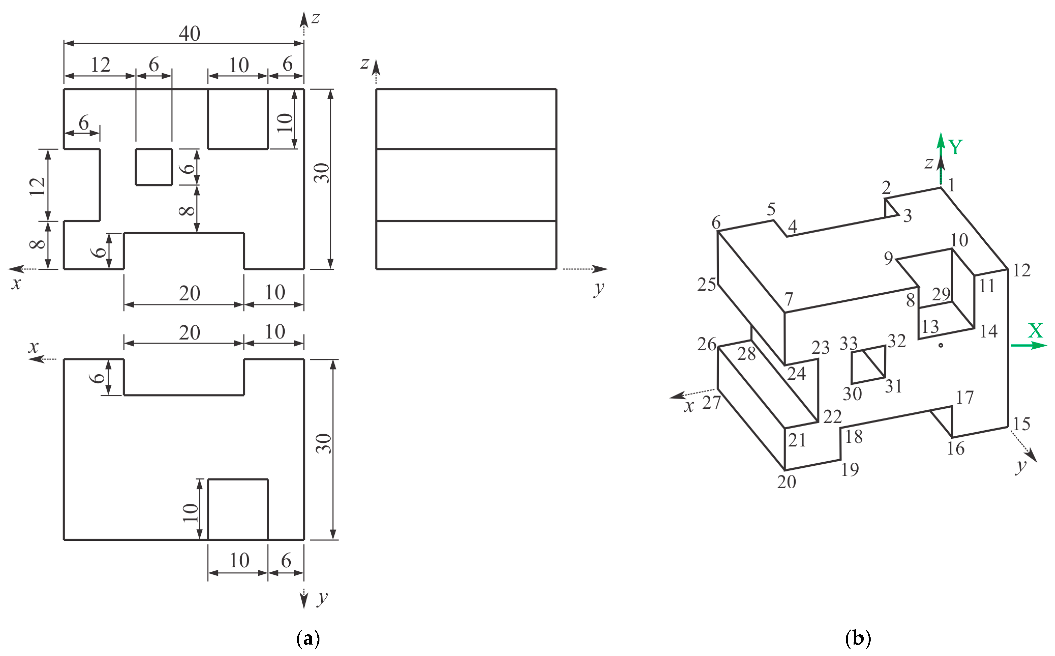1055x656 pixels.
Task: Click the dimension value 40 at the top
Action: coord(189,33)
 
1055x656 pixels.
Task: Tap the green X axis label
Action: coord(1035,331)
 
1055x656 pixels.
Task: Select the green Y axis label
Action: coord(955,148)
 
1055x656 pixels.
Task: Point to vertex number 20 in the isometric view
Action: coord(786,482)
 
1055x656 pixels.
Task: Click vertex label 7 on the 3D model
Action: coord(789,299)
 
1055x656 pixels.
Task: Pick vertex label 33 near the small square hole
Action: coord(848,344)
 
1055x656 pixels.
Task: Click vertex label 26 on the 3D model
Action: coord(706,344)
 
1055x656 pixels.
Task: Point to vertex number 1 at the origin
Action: coord(951,185)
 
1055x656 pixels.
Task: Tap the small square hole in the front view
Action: coord(154,167)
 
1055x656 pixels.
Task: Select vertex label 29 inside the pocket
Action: coord(941,294)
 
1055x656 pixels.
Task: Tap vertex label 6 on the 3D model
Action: coord(716,223)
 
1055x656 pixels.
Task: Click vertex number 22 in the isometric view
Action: coord(832,417)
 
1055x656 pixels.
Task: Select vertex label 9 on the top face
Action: coord(888,258)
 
